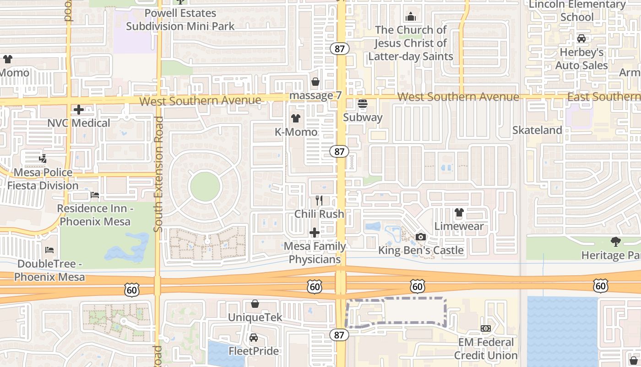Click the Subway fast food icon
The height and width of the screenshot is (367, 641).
tap(363, 104)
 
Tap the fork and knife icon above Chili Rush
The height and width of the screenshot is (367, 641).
tap(319, 200)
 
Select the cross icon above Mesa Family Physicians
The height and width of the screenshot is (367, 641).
tap(315, 233)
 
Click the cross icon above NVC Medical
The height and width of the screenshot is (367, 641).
tap(79, 110)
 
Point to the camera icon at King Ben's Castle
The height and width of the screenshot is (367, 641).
tap(420, 237)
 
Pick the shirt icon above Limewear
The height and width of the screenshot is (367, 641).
tap(459, 212)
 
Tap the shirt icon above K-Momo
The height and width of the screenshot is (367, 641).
tap(295, 118)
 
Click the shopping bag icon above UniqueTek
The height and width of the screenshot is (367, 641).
tap(255, 304)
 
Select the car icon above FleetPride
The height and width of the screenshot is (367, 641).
tap(253, 338)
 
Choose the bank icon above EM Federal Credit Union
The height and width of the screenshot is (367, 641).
tap(486, 328)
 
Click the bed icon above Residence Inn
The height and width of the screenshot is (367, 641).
tap(95, 195)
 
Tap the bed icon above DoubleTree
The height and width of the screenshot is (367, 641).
tap(49, 250)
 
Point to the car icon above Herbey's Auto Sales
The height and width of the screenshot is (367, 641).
tap(581, 39)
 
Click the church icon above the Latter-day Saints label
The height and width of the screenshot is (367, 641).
tap(411, 17)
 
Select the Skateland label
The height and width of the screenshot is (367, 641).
tap(537, 130)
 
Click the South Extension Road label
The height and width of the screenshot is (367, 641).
tap(159, 174)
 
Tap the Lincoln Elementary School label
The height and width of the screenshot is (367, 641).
tap(577, 11)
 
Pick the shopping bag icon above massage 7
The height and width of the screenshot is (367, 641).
tap(315, 82)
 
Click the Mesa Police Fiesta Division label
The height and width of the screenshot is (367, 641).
tap(43, 179)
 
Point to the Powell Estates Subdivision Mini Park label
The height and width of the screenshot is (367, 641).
tap(180, 20)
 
